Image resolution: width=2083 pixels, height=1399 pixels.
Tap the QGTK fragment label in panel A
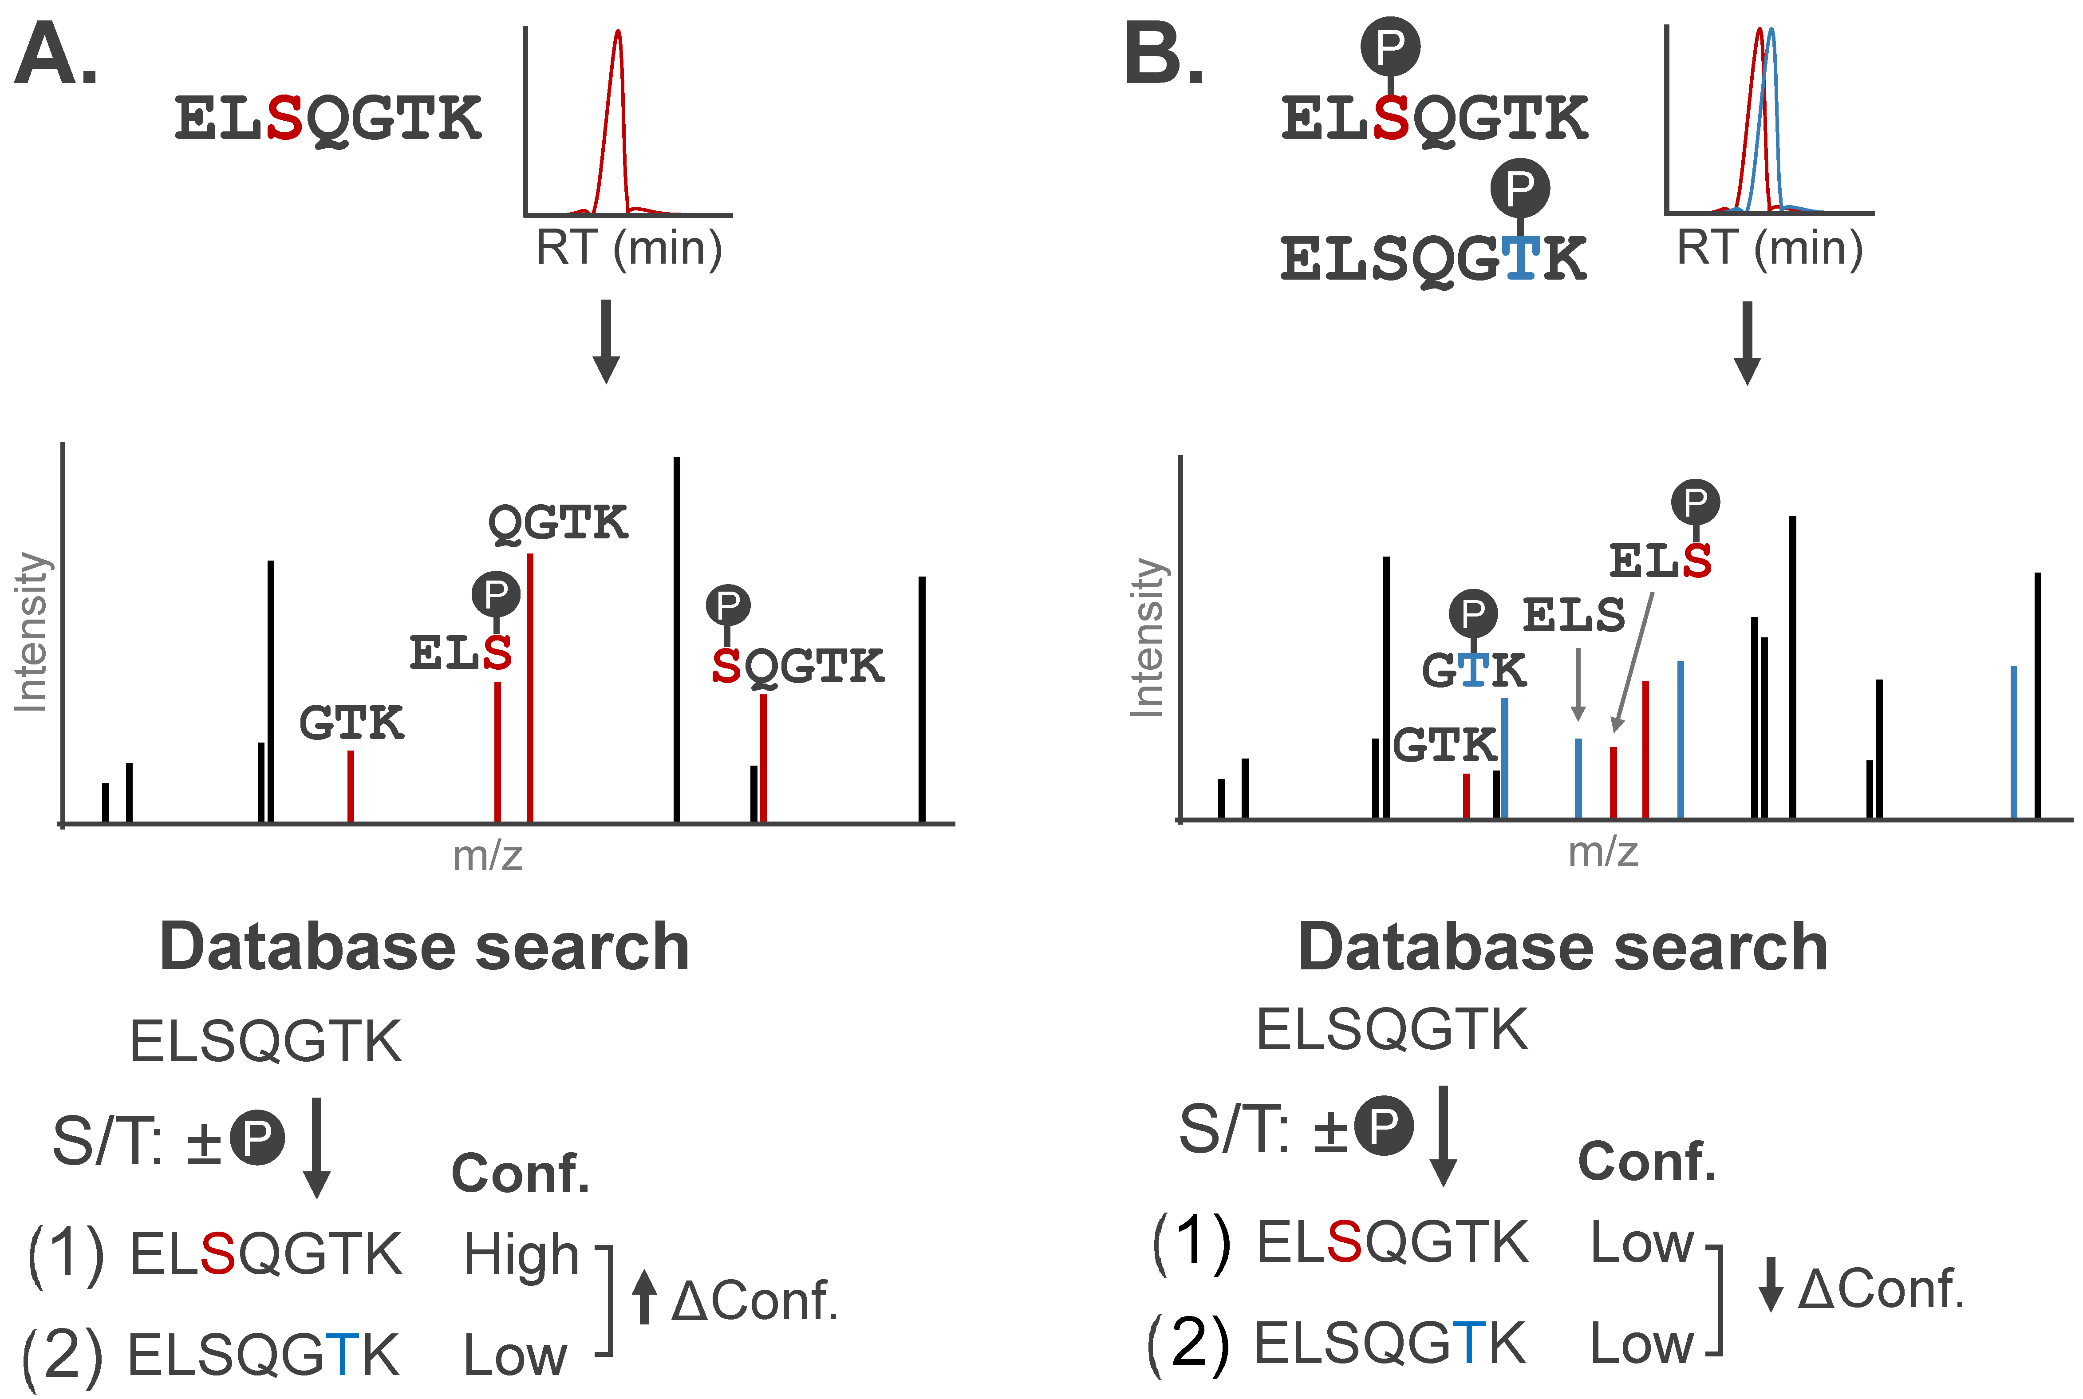pos(557,523)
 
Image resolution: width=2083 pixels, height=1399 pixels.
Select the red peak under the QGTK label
pos(530,687)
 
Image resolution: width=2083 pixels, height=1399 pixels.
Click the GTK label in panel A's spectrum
pos(351,723)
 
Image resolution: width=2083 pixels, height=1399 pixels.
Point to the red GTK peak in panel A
pos(351,785)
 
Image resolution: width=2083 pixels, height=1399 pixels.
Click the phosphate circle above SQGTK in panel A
pos(728,606)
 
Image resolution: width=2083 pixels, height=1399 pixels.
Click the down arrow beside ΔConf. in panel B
pos(1771,1285)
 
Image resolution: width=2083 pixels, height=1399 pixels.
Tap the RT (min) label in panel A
pos(628,248)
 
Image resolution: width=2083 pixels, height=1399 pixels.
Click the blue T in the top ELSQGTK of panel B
pos(1520,259)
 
